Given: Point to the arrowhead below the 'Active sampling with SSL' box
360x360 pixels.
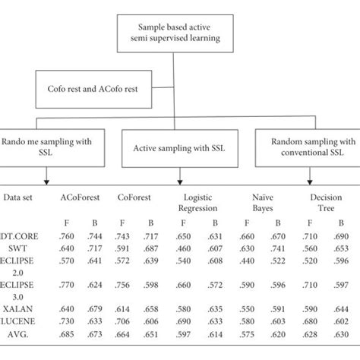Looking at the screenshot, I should pyautogui.click(x=178, y=181).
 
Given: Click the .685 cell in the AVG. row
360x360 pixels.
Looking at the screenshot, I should pyautogui.click(x=68, y=335).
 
